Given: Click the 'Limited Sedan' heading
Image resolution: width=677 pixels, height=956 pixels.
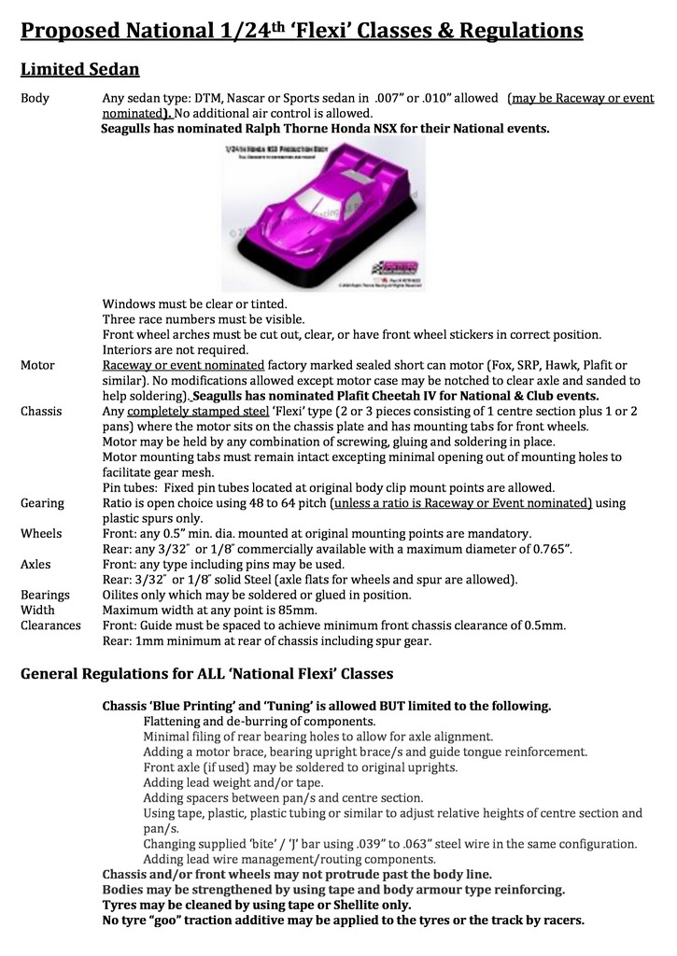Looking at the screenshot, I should [x=80, y=69].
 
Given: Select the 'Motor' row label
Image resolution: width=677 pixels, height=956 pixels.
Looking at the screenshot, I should [x=37, y=365].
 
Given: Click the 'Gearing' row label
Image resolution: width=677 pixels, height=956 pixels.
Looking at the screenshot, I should [x=42, y=502].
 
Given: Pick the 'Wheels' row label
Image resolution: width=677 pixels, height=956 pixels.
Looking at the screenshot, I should [x=41, y=533].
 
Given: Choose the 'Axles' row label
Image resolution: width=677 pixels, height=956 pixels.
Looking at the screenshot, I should [x=36, y=564].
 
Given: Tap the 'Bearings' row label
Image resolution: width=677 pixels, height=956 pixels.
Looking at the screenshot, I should [x=45, y=595].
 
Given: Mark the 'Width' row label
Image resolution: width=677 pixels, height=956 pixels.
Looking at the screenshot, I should [x=37, y=610].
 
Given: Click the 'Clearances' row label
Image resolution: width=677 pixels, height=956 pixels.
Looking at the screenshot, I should [x=50, y=625].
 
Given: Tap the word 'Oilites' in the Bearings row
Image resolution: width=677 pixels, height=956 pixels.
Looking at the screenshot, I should [x=124, y=595].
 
